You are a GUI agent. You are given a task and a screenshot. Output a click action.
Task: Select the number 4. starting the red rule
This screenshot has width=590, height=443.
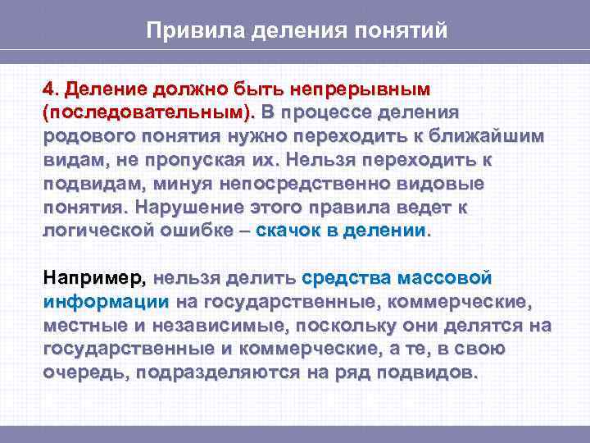pyautogui.click(x=52, y=88)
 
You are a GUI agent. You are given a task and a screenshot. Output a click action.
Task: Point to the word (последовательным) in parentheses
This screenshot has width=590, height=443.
pyautogui.click(x=147, y=111)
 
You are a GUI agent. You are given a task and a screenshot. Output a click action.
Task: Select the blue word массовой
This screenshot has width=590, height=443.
pyautogui.click(x=439, y=279)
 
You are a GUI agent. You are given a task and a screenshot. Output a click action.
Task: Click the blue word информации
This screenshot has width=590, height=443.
pyautogui.click(x=106, y=303)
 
